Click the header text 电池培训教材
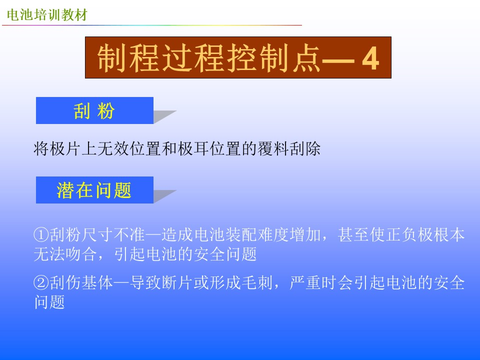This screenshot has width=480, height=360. (47, 14)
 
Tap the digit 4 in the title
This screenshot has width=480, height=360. (370, 58)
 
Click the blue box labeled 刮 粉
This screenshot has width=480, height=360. (94, 110)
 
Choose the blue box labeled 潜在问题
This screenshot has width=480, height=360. (94, 190)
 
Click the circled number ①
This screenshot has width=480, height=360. (41, 235)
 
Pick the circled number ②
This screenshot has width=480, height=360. (41, 282)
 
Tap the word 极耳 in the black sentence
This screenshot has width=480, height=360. (193, 149)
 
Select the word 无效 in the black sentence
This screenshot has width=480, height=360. (113, 149)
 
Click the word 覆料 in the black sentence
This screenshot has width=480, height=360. (273, 149)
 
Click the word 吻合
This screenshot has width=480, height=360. (81, 254)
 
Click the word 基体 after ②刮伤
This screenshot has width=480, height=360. (97, 282)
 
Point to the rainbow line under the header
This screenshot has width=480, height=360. (152, 25)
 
